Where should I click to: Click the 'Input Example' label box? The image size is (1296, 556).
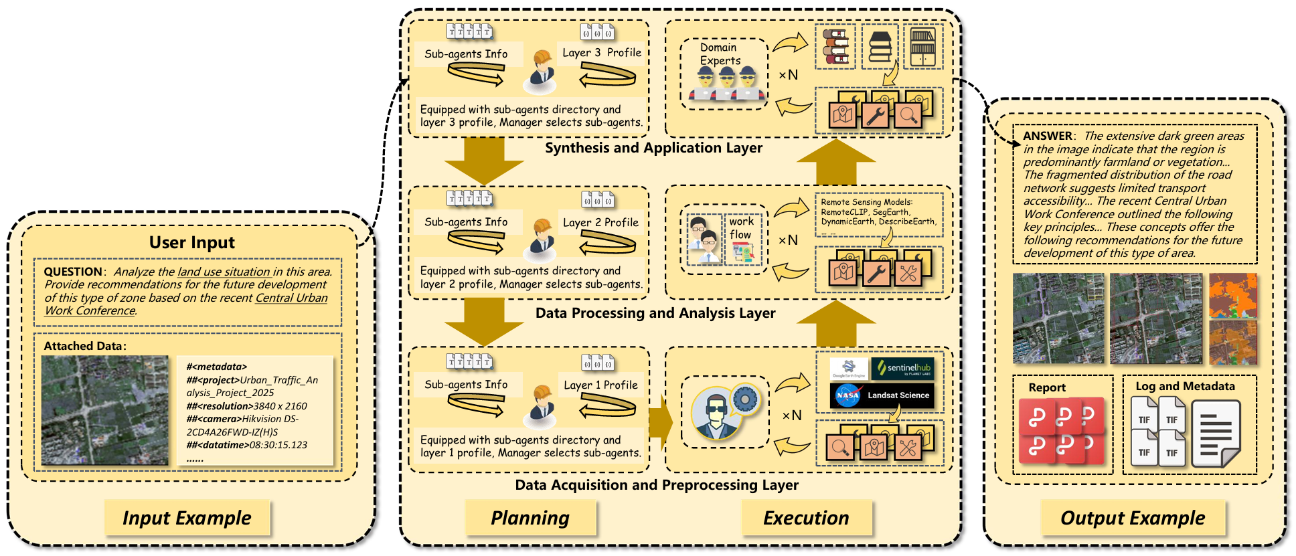tap(187, 518)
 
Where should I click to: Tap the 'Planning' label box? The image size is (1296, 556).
tap(530, 518)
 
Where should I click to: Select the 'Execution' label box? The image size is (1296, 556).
tap(806, 518)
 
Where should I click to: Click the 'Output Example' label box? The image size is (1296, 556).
tap(1133, 518)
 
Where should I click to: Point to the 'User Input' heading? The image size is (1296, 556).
tap(192, 242)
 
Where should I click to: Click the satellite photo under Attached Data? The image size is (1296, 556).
tap(105, 410)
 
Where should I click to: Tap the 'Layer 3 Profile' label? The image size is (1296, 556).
tap(601, 53)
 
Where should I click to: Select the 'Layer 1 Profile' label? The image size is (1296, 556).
tap(600, 385)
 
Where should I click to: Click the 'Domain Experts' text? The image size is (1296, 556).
tap(720, 54)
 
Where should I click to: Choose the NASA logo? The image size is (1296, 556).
tap(847, 395)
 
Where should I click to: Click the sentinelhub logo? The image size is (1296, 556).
tap(902, 368)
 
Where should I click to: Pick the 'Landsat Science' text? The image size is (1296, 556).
tap(898, 395)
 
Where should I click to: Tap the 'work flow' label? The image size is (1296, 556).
tap(741, 228)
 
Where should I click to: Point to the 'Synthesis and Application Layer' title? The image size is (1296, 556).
tap(653, 148)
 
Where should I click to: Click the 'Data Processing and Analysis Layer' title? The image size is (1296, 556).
tap(655, 313)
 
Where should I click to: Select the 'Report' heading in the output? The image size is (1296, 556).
tap(1047, 387)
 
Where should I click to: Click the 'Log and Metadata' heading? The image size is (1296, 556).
tap(1185, 386)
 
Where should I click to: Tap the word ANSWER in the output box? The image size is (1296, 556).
tap(1048, 136)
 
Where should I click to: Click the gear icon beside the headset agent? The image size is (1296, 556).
tap(744, 400)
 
